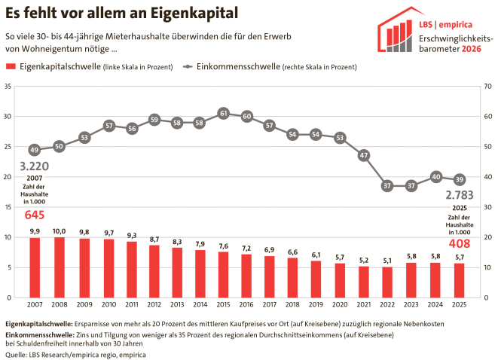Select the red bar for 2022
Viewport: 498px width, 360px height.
[x=386, y=282]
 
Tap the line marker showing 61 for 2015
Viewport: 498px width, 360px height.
[x=224, y=113]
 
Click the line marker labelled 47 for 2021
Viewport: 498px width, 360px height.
[x=364, y=155]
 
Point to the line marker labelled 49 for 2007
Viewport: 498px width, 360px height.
[x=34, y=149]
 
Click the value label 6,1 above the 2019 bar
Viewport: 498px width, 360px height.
[x=316, y=254]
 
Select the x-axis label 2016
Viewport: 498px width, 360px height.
[x=246, y=304]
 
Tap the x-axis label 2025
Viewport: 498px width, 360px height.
[x=457, y=304]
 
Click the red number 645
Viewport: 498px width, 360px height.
[x=35, y=215]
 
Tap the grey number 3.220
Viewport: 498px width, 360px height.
[x=34, y=166]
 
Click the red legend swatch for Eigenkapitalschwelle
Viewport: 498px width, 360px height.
[x=11, y=67]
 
